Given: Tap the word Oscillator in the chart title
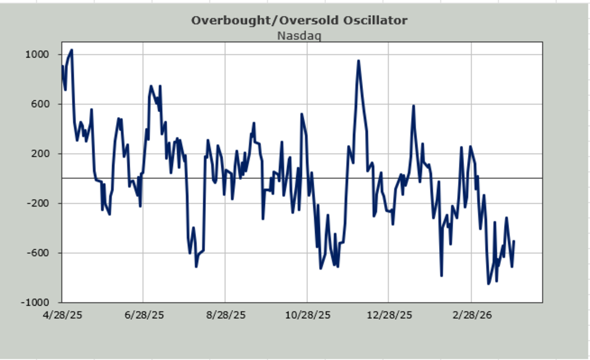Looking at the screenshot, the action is [x=375, y=20].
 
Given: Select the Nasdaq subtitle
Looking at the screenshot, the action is [x=299, y=36].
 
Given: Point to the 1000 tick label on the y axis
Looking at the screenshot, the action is [x=37, y=54].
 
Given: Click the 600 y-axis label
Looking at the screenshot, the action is [x=40, y=104].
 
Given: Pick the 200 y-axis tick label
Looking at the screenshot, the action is [x=40, y=153].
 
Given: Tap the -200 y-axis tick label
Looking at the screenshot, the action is [x=38, y=203].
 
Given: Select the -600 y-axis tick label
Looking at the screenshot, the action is [x=38, y=252].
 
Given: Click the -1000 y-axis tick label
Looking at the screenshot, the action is [x=35, y=302].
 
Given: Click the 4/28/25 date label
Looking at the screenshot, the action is [x=62, y=315].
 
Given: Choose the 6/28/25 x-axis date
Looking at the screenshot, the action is [x=145, y=315].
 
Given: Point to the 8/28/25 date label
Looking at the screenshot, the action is [x=226, y=315].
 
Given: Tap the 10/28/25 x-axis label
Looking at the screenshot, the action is [x=308, y=315].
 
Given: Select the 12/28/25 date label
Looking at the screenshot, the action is [x=389, y=315].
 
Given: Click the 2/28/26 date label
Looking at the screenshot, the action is [x=472, y=315].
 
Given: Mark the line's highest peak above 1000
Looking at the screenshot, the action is [x=72, y=50].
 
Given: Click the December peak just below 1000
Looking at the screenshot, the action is [x=358, y=61].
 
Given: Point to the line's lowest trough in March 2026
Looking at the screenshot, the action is [x=488, y=284].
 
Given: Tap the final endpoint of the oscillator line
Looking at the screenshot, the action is [x=514, y=241].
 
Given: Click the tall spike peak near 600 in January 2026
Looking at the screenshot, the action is [x=413, y=106].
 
